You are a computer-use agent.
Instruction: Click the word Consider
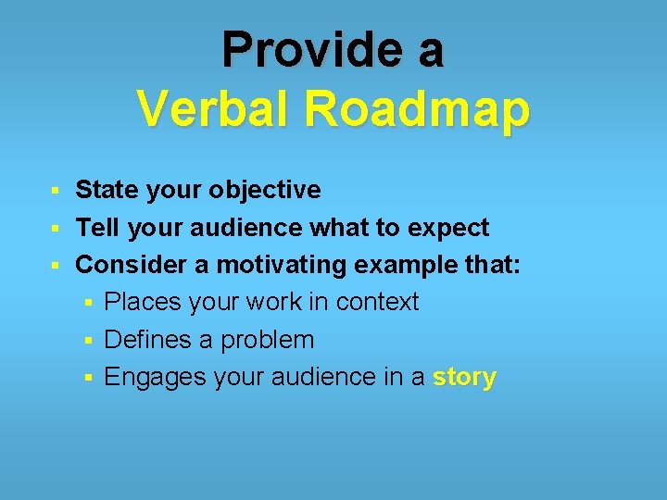point(132,265)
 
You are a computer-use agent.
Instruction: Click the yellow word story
point(464,378)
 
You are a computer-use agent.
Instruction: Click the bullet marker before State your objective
point(55,192)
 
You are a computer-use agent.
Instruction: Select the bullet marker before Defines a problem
point(84,341)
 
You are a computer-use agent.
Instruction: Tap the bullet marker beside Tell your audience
point(55,229)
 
